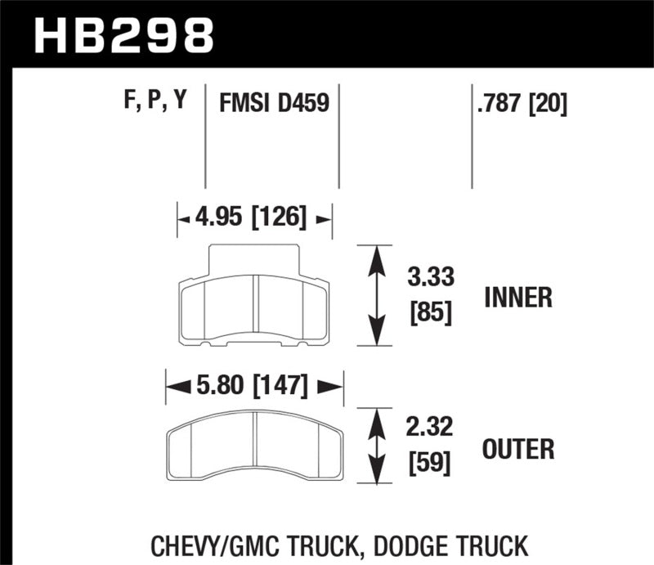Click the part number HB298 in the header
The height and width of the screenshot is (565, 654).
pos(123,34)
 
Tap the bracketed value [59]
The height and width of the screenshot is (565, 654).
pos(430,464)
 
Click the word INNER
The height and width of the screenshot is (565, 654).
pos(518,297)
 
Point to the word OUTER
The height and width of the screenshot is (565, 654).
pos(519,449)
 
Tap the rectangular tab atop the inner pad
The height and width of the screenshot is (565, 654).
pos(254,260)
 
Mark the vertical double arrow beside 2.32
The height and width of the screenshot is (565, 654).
pos(376,448)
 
